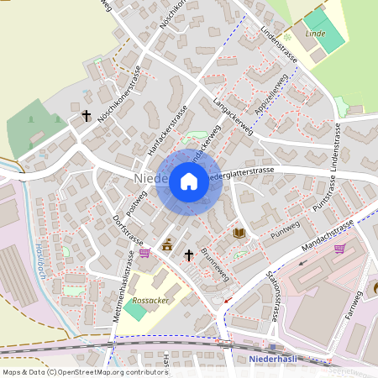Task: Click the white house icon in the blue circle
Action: [x=189, y=181]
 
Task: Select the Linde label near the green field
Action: [x=315, y=33]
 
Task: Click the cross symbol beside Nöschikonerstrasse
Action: [x=86, y=116]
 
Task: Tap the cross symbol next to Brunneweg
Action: [x=189, y=254]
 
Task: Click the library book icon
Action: [x=239, y=233]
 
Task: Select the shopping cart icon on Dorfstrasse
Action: [x=144, y=252]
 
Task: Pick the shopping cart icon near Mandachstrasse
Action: [x=339, y=248]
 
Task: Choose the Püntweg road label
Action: [x=286, y=224]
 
